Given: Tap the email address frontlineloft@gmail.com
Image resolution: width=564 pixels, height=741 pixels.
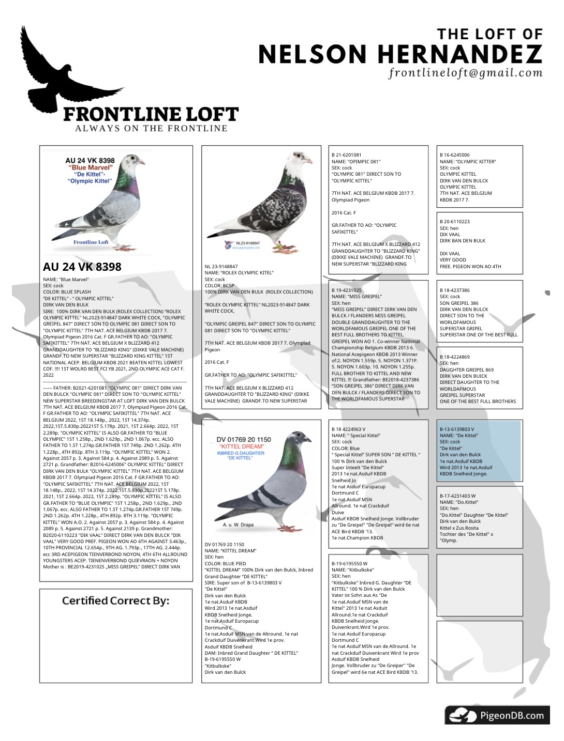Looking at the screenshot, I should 466,73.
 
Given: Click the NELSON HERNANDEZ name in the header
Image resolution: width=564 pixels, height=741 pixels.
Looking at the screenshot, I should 400,54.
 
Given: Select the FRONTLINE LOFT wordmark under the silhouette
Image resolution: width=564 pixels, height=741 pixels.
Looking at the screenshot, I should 151,114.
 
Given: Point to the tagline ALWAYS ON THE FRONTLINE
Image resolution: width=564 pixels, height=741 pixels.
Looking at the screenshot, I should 151,129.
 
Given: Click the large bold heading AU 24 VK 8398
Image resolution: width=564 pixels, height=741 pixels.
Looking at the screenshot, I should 82,267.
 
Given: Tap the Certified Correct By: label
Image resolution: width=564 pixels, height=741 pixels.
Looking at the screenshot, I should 115,600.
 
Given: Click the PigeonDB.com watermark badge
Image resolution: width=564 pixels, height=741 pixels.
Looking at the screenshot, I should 497,716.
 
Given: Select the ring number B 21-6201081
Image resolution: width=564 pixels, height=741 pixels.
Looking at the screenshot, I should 347,155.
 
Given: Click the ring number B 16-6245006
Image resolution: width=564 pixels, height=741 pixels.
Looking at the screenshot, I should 455,155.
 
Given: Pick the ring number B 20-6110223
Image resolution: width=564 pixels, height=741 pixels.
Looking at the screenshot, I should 455,222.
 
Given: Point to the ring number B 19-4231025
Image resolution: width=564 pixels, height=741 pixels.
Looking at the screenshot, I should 347,290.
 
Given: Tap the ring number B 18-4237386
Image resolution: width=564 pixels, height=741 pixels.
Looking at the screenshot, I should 455,290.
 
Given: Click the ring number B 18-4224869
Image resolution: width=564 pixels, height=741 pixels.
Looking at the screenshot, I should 455,357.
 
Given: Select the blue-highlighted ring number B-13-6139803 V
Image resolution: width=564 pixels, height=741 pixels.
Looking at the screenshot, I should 457,429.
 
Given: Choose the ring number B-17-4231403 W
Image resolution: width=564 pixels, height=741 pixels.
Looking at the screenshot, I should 458,496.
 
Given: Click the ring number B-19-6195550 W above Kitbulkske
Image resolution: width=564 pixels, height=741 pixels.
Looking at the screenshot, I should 350,564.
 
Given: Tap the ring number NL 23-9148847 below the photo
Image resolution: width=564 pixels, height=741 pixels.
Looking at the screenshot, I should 221,267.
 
